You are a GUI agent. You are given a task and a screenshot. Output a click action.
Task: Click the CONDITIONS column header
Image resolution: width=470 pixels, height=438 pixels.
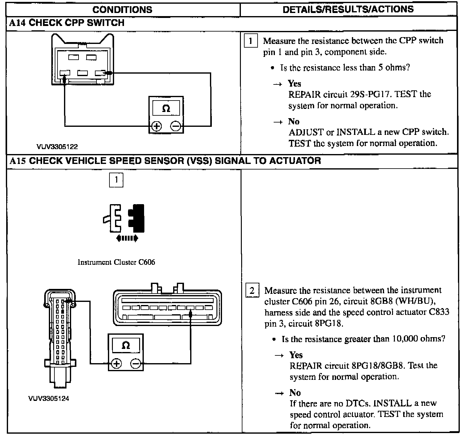point(122,10)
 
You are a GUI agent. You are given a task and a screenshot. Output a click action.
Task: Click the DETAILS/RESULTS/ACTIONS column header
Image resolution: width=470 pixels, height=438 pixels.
point(348,9)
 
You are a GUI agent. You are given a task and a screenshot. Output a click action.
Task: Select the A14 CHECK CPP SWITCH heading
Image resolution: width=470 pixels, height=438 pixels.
point(67,23)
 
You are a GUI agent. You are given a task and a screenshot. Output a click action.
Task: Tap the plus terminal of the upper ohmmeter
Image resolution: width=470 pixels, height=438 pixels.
point(156,126)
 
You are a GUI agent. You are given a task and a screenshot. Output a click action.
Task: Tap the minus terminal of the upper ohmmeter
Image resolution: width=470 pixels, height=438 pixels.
point(176,126)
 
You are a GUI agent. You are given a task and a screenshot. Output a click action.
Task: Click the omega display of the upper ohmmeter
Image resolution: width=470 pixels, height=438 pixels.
point(166,108)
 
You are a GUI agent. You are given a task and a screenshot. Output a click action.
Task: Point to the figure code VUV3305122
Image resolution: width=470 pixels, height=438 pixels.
point(57,147)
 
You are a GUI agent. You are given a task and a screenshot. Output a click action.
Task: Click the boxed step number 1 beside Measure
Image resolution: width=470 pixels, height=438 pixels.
point(251,41)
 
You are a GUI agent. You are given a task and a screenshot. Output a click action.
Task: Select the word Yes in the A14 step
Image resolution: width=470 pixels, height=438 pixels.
point(294,84)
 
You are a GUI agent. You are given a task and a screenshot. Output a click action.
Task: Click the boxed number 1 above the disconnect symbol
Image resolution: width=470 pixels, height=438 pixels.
point(116,180)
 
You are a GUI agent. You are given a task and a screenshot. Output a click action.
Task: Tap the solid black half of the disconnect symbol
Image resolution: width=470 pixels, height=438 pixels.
point(138,218)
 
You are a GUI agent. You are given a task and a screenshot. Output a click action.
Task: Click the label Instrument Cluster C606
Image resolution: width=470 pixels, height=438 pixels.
point(116,262)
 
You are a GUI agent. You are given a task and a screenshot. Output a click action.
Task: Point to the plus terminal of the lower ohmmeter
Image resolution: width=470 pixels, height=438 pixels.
point(116,363)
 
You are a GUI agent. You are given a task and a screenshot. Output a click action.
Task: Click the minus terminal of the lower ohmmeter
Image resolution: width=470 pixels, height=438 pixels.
point(135,363)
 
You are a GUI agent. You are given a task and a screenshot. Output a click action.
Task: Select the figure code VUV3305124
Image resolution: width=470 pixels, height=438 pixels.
point(49,399)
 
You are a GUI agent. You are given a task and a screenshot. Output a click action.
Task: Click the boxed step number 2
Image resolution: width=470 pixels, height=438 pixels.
point(252,291)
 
